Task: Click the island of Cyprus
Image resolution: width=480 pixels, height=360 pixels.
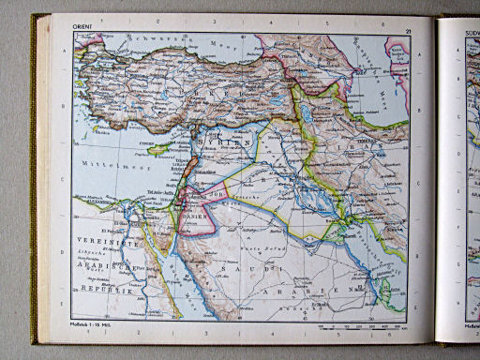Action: [x=157, y=149]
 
